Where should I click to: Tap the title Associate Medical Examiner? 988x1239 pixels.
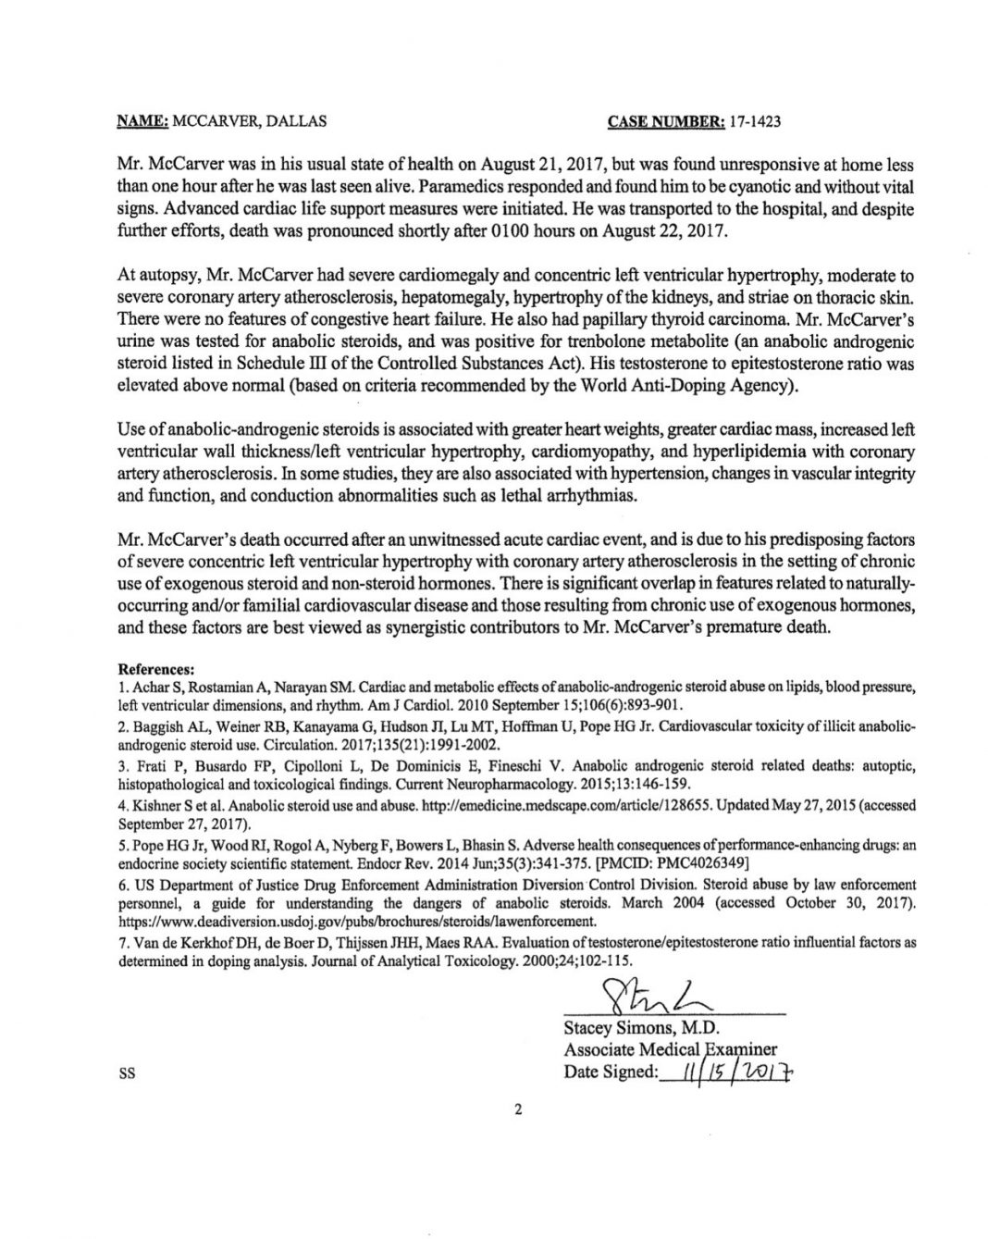(x=670, y=1049)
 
